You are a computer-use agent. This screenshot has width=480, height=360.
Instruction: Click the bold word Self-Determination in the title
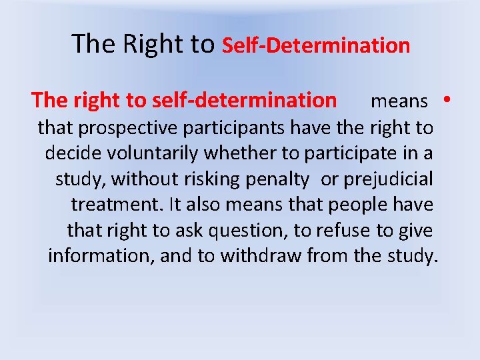[x=315, y=45]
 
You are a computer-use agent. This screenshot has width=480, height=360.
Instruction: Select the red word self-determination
[x=245, y=101]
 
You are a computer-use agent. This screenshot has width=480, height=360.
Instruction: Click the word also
[x=205, y=205]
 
